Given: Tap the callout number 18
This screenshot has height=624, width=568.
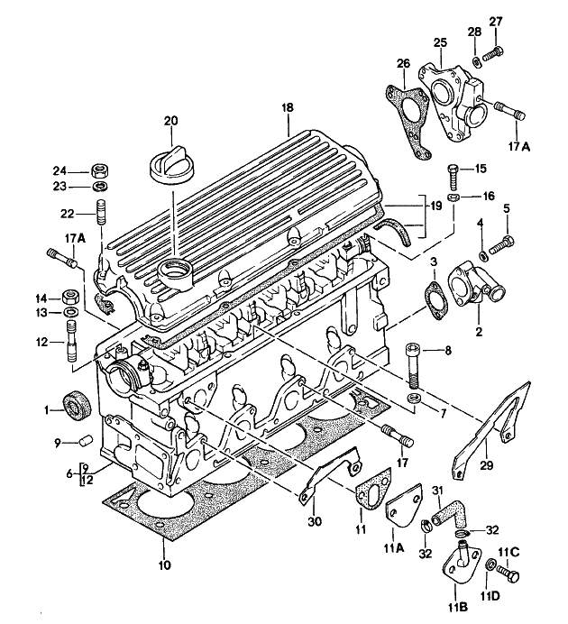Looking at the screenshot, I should pyautogui.click(x=288, y=108).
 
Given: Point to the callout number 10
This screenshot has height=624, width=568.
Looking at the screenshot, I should pyautogui.click(x=163, y=567).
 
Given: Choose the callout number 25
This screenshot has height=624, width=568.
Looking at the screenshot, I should pyautogui.click(x=439, y=41).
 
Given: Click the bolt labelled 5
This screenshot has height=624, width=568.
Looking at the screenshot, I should pyautogui.click(x=506, y=241).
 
